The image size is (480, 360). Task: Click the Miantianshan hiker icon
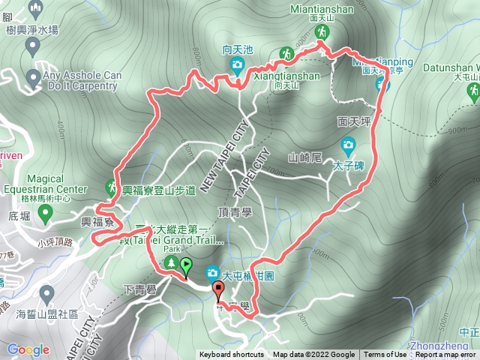tap(322, 31)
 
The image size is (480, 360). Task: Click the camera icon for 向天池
tap(237, 64)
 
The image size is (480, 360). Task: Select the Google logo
tap(28, 349)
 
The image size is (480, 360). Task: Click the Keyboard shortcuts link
tap(231, 355)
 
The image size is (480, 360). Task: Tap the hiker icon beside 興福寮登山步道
tap(111, 185)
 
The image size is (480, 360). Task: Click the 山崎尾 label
tap(304, 157)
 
